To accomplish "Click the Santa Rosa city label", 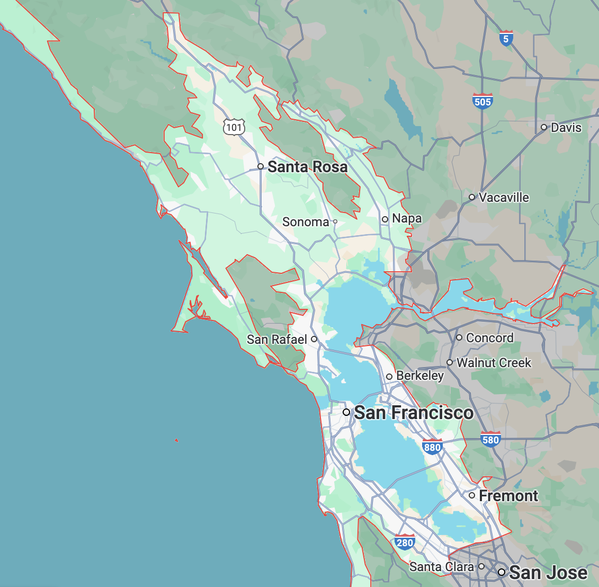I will point(307,167).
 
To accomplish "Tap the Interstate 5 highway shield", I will point(506,38).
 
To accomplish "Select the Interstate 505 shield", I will point(482,101).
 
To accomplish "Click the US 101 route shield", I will point(234,127).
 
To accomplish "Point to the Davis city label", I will point(566,128).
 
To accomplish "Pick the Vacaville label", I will point(504,198).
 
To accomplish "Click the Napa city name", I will point(407,218).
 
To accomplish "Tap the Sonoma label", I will point(306,222).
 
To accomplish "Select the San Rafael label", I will point(277,339).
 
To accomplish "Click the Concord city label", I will point(489,338).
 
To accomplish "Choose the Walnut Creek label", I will point(494,363).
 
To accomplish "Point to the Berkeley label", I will point(420,376).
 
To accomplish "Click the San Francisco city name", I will point(414,413).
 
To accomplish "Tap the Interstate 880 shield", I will point(432,447).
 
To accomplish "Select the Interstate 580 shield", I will point(491,439).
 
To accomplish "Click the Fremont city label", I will point(508,496).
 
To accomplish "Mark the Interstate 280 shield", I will point(405,542).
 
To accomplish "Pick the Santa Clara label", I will point(442,567).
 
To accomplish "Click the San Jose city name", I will point(548,573).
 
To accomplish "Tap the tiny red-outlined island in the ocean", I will point(176,440).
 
